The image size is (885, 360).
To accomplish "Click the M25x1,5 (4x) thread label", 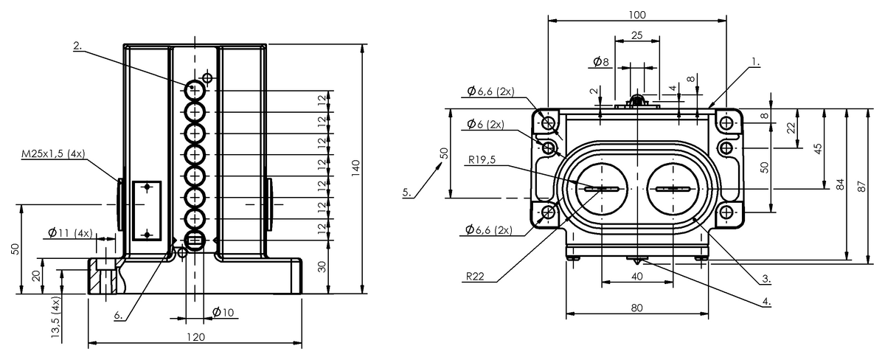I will [x=54, y=153].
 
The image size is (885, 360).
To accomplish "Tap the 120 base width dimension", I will [x=195, y=337].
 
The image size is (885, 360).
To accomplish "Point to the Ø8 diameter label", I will [x=600, y=62].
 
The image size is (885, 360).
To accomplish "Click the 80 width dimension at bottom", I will [x=637, y=308].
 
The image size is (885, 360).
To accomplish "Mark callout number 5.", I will [x=407, y=193].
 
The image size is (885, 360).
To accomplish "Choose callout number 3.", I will [x=766, y=279].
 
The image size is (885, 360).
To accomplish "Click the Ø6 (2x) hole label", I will [x=485, y=124].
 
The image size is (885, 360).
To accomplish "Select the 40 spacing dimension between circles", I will [x=637, y=276].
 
